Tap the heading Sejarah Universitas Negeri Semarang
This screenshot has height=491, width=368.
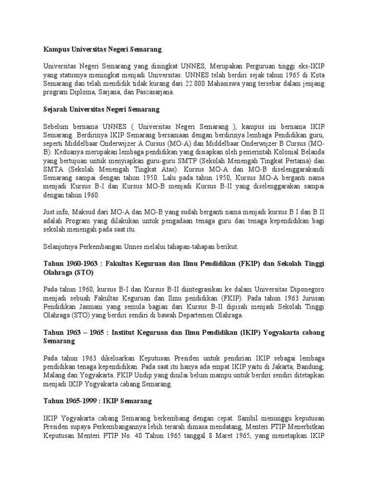102,109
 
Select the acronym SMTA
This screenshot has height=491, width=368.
53,169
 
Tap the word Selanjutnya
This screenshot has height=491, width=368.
61,246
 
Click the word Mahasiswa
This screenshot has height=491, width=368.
227,84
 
